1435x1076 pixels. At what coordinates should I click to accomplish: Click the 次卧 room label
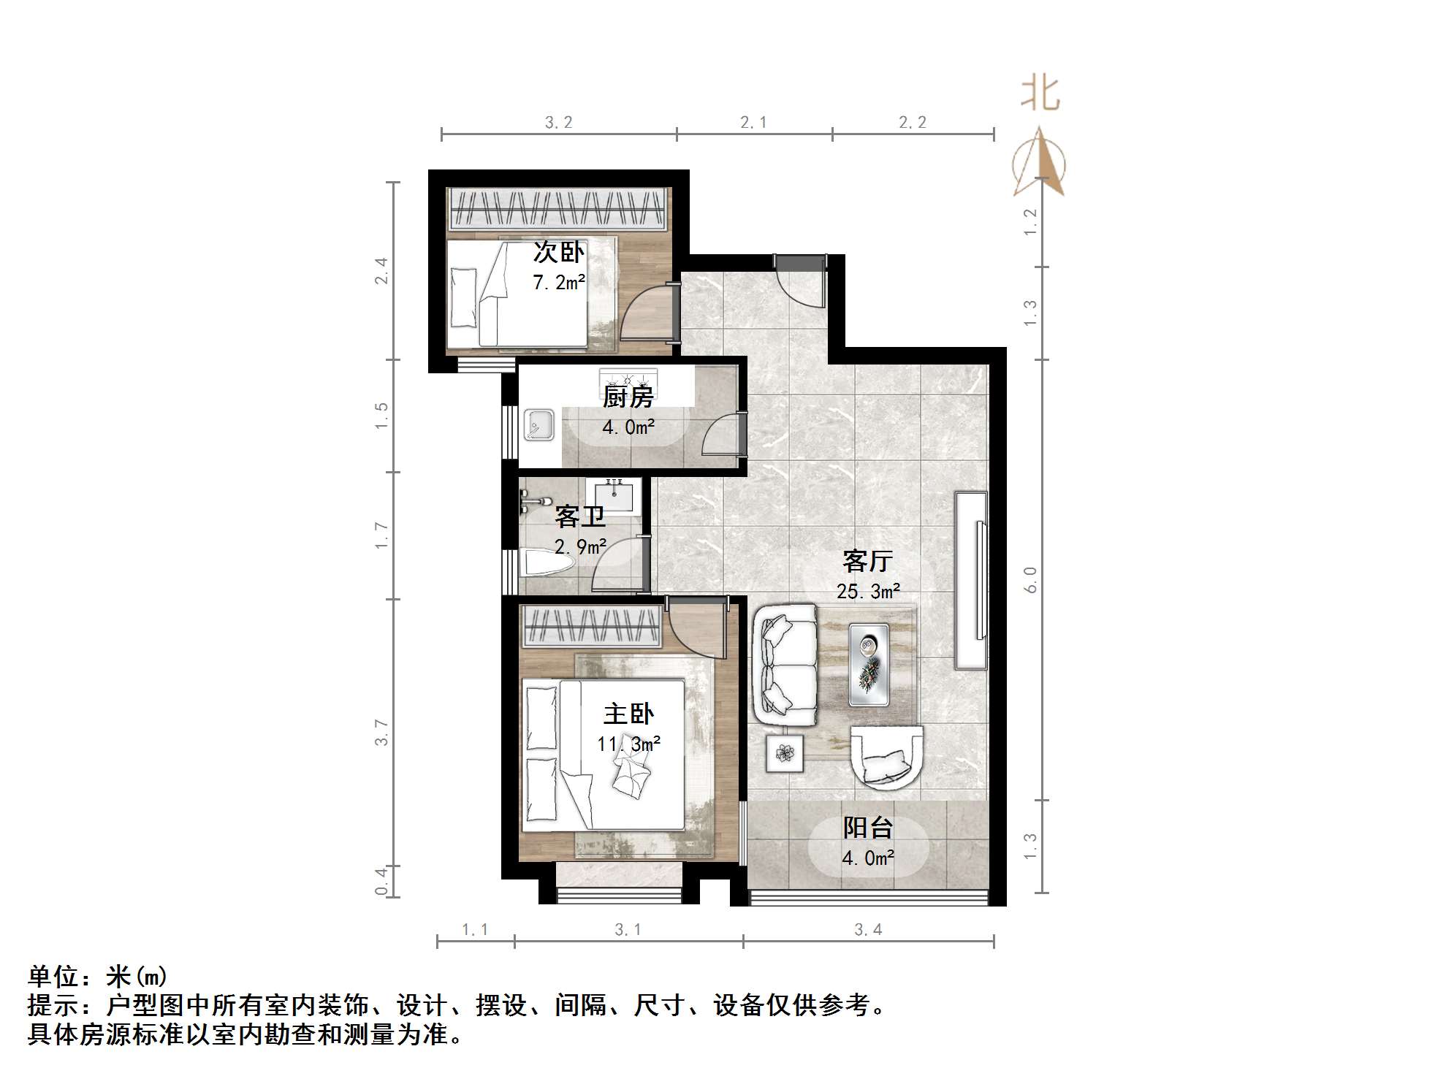tap(559, 253)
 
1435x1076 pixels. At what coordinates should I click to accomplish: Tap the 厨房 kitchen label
tap(628, 397)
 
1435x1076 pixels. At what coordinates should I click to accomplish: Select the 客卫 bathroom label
tap(580, 516)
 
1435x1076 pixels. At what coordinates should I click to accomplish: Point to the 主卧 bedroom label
tap(628, 714)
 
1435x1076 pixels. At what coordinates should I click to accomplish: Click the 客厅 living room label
tap(867, 561)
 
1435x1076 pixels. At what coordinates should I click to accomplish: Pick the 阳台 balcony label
tap(868, 828)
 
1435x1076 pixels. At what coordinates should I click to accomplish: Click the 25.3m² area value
tap(868, 591)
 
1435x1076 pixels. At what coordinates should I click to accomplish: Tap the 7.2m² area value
tap(559, 282)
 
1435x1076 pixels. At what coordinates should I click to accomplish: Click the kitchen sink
tap(539, 426)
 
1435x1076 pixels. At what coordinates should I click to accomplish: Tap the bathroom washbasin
tap(613, 495)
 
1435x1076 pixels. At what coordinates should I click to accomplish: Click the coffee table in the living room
tap(869, 665)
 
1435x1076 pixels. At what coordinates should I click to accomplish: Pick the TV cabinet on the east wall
tap(972, 581)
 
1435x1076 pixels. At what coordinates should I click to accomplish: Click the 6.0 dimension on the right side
tap(1030, 580)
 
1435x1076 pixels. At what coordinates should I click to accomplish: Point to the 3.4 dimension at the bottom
tap(868, 929)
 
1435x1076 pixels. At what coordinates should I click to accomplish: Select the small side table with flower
tap(785, 753)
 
